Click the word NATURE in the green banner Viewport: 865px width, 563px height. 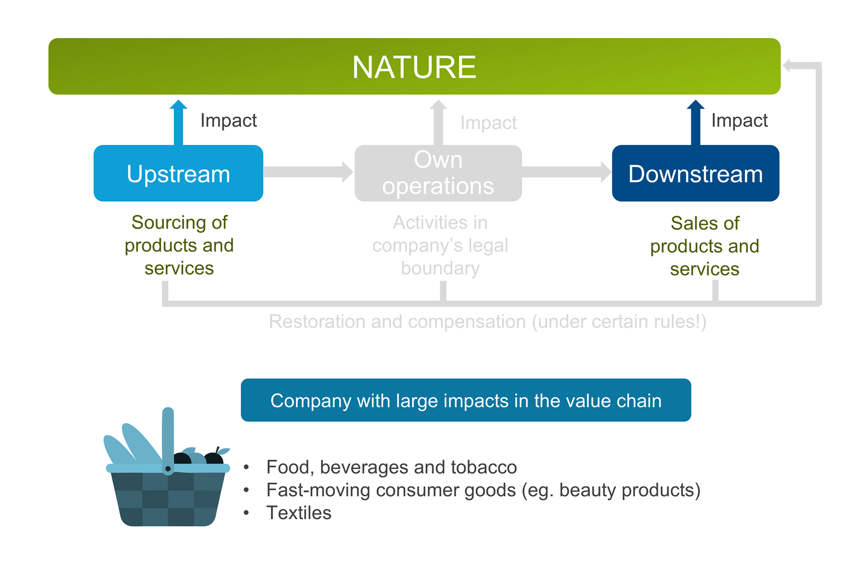pos(414,67)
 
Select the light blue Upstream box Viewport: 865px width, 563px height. pos(178,174)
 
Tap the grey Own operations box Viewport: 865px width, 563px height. pos(438,173)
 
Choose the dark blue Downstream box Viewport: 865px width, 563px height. pos(695,174)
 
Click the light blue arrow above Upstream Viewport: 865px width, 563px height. pos(178,123)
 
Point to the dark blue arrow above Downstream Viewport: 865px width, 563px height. pos(695,123)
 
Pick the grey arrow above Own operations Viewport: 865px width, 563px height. pos(438,123)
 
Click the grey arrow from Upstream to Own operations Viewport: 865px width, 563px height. pos(308,172)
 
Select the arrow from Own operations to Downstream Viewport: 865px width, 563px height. pos(566,172)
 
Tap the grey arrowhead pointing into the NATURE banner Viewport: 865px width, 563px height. pos(789,66)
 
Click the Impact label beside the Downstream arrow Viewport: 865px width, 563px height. pos(739,120)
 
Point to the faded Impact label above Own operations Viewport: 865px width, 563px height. pos(488,123)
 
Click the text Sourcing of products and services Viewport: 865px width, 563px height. pos(179,245)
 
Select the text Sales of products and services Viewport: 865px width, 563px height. pos(705,246)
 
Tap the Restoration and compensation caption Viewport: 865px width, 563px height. pos(487,322)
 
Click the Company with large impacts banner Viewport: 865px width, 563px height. pos(466,400)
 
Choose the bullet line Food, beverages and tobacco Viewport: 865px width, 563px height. pos(391,467)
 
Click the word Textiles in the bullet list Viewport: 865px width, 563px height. pos(299,513)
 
